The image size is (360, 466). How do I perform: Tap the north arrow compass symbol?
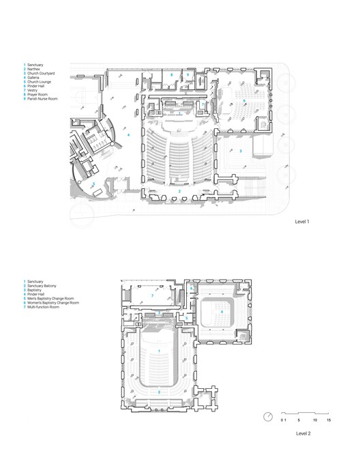(269, 417)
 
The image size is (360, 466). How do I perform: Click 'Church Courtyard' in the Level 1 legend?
(40, 74)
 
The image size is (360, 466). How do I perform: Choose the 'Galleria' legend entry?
(34, 78)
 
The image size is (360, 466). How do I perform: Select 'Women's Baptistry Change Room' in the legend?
(53, 302)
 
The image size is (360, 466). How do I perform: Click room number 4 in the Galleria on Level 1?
(128, 135)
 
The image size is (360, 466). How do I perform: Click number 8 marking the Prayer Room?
(172, 74)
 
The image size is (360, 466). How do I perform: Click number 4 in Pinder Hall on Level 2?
(221, 312)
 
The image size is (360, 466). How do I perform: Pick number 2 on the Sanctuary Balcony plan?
(159, 392)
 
